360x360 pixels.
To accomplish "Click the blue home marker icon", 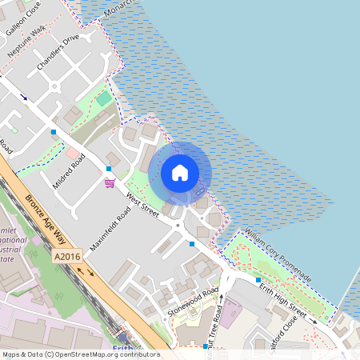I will (x=180, y=172).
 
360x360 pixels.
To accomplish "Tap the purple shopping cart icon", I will (x=109, y=182).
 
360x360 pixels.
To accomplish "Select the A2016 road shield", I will (x=68, y=256).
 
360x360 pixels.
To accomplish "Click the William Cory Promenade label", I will (x=278, y=254).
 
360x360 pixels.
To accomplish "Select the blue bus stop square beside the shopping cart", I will (x=109, y=169).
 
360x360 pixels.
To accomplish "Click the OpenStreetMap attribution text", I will (x=80, y=354).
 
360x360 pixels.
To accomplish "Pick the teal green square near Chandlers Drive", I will (x=104, y=98).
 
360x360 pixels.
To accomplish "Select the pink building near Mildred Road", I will (x=73, y=152).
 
